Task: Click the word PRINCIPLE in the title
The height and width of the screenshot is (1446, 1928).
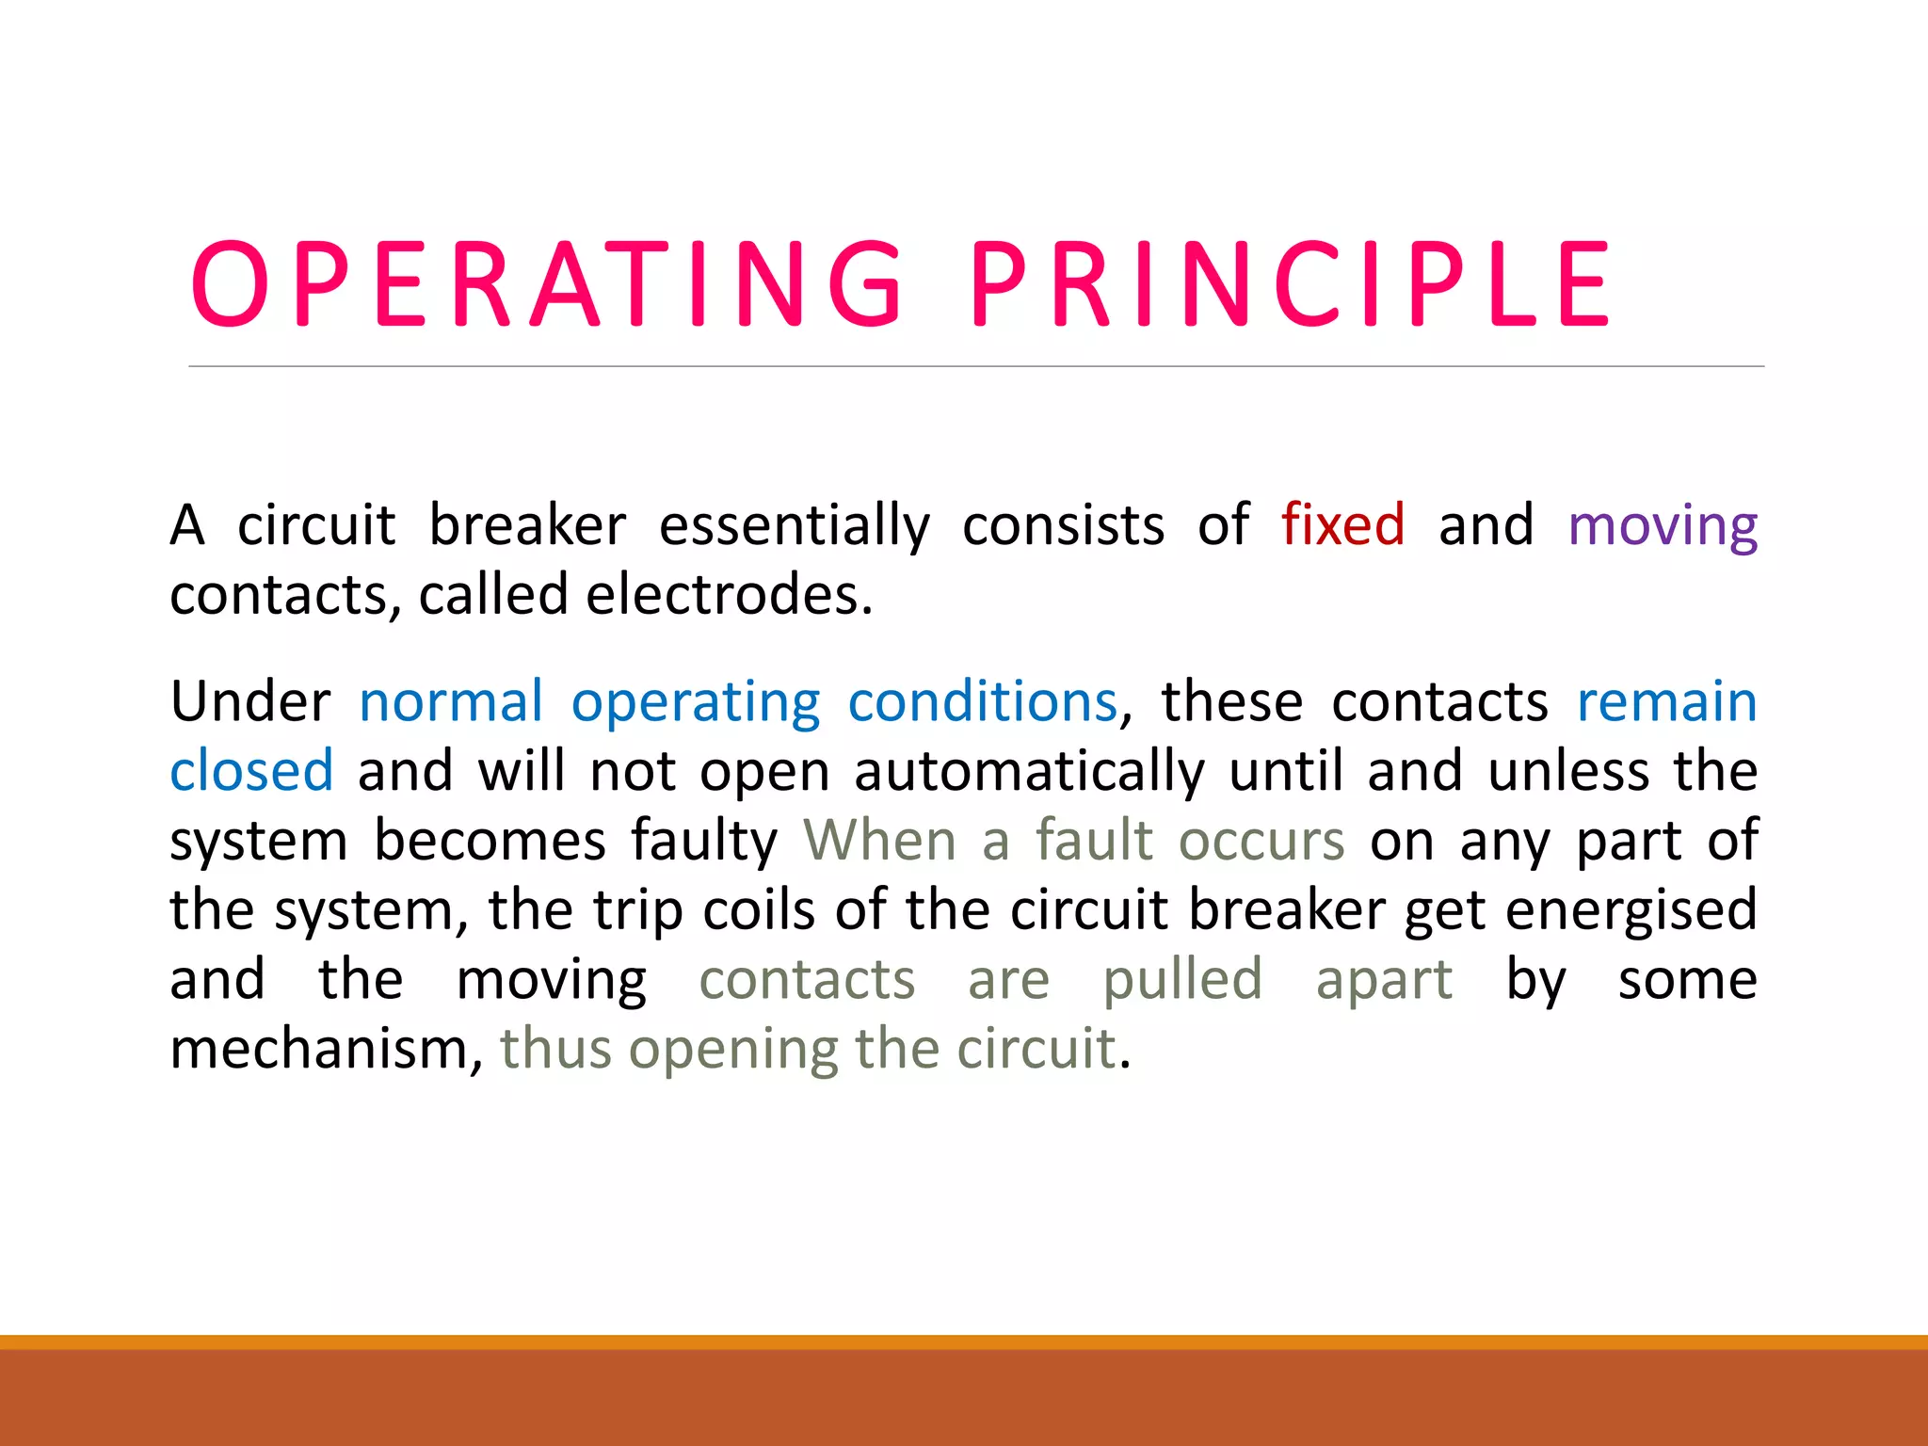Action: (1290, 284)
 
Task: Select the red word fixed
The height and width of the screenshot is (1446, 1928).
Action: (1342, 524)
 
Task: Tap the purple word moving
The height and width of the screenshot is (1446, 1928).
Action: (1663, 526)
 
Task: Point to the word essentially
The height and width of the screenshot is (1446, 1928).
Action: (794, 526)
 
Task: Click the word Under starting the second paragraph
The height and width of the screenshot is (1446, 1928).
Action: (249, 702)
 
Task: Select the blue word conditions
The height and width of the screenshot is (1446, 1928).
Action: (982, 702)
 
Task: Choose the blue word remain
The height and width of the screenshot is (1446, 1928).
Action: (1666, 702)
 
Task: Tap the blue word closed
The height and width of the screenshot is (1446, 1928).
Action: (251, 771)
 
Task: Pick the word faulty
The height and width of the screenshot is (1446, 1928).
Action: (703, 841)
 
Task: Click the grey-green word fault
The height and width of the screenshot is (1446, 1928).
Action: (1094, 840)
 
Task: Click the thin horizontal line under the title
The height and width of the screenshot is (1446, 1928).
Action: (975, 366)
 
